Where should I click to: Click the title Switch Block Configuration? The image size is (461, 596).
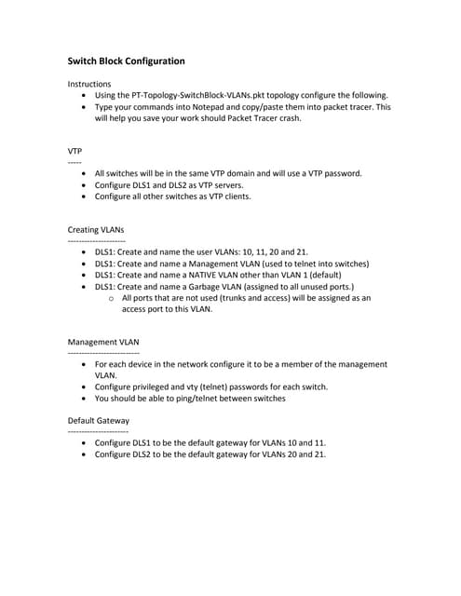126,61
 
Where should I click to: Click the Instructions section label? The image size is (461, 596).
89,84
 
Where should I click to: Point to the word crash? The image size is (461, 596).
289,118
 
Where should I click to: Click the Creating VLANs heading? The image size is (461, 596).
96,229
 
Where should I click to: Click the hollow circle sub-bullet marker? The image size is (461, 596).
112,299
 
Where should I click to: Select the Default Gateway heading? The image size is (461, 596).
99,421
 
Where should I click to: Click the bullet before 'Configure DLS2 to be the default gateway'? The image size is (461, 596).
86,455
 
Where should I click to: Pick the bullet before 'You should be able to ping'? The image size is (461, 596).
86,399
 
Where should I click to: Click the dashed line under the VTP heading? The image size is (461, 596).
75,162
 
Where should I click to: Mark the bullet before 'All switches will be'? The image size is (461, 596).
86,174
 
